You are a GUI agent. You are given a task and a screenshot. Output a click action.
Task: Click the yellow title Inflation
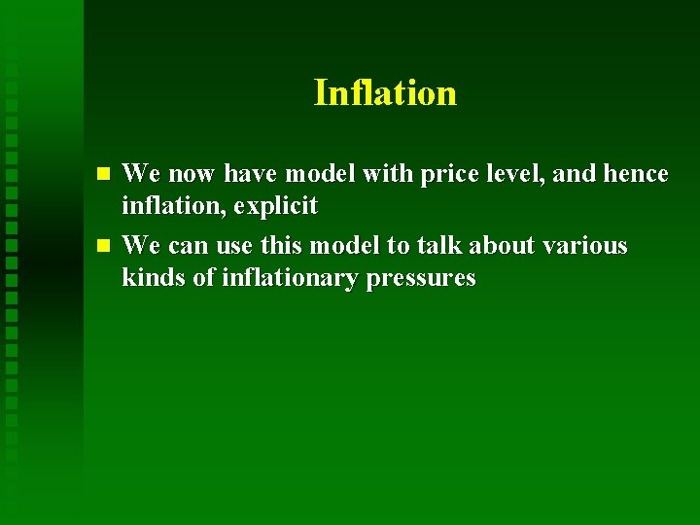385,93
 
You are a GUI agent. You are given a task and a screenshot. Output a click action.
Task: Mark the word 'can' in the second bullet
189,246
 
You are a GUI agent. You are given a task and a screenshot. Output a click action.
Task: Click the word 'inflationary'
291,279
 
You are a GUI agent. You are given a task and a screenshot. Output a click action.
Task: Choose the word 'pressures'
421,279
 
